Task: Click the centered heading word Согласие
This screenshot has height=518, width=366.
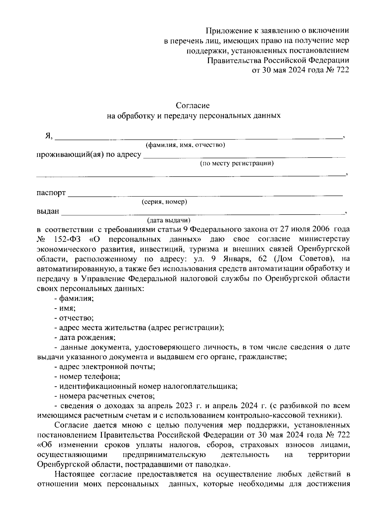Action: pos(193,105)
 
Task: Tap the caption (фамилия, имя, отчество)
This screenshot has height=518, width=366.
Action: pos(185,145)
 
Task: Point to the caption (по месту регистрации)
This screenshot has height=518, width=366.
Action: pos(237,163)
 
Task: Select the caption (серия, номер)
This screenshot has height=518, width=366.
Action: pos(164,202)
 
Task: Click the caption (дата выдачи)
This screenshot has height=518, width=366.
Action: pos(169,220)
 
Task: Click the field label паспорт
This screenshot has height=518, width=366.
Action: pos(51,193)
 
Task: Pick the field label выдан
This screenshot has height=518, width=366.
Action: pos(48,211)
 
